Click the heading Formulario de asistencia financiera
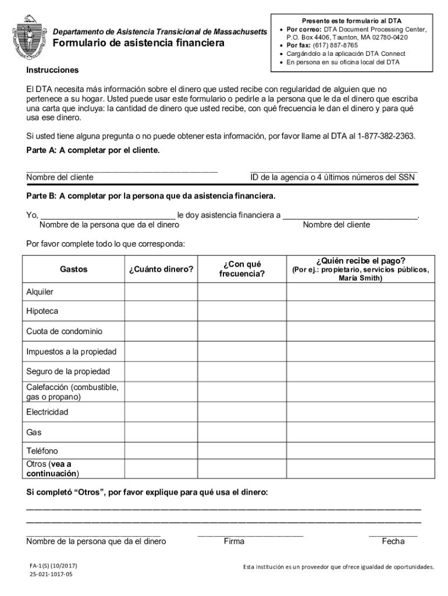tap(138, 44)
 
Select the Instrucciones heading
tap(52, 70)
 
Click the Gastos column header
tap(73, 269)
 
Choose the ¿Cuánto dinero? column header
tap(161, 269)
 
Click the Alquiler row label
tap(40, 292)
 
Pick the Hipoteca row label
tap(42, 311)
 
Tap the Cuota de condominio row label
tap(64, 331)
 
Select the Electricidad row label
tap(47, 412)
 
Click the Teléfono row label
tap(42, 451)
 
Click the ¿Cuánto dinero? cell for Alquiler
tap(161, 292)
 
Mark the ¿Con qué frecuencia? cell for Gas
tap(241, 432)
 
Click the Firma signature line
tap(250, 533)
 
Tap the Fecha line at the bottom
tap(393, 533)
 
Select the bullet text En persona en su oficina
tap(339, 62)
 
